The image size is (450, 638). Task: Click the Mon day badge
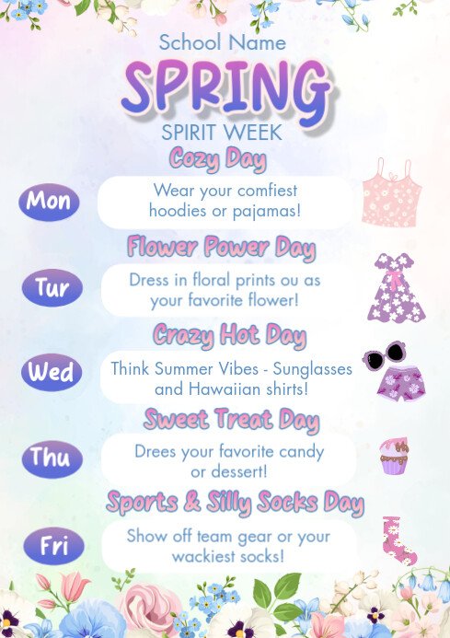pos(49,202)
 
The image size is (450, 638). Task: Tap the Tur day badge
pos(52,288)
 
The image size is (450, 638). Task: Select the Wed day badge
pos(51,373)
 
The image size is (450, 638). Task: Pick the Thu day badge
pos(51,458)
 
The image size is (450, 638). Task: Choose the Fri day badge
pos(52,546)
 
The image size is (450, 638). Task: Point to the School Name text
pos(222,42)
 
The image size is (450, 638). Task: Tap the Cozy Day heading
pos(217,158)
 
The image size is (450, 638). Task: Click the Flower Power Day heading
pos(221,247)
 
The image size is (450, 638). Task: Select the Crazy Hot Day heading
pos(229,333)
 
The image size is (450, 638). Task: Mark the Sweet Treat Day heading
pos(231,421)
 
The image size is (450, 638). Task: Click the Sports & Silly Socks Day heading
pos(235,503)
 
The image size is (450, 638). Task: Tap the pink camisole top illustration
pos(390,192)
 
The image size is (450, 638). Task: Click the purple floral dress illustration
pos(398,287)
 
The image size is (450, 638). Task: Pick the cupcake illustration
pos(394,456)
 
